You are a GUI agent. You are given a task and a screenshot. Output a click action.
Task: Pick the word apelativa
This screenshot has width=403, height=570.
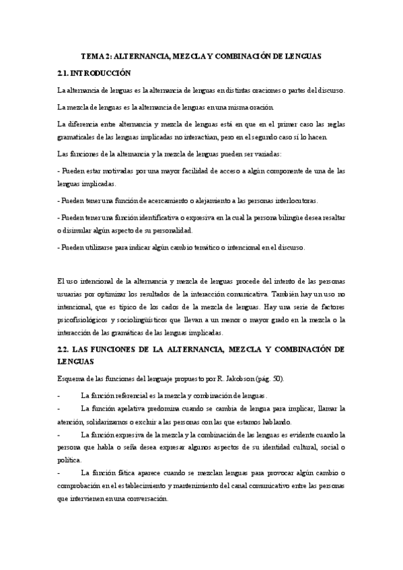(125, 409)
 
